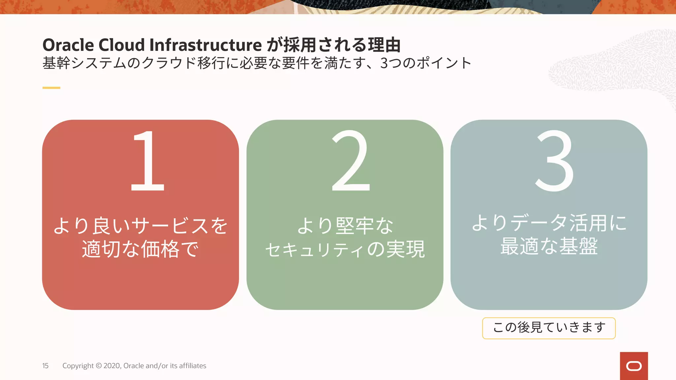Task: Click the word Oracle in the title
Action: point(68,45)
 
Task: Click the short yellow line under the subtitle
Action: point(51,88)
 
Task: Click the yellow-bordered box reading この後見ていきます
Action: point(549,328)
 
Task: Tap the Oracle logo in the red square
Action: point(634,366)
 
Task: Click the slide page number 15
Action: point(45,366)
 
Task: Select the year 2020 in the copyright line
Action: point(112,366)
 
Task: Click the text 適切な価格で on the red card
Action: point(140,249)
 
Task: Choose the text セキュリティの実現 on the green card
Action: point(345,249)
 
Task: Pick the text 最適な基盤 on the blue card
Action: point(549,246)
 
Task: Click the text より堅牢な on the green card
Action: point(345,226)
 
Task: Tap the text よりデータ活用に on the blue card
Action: point(549,223)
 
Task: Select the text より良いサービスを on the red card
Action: point(140,226)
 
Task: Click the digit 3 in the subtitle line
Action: point(384,63)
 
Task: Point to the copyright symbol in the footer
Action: point(99,366)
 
